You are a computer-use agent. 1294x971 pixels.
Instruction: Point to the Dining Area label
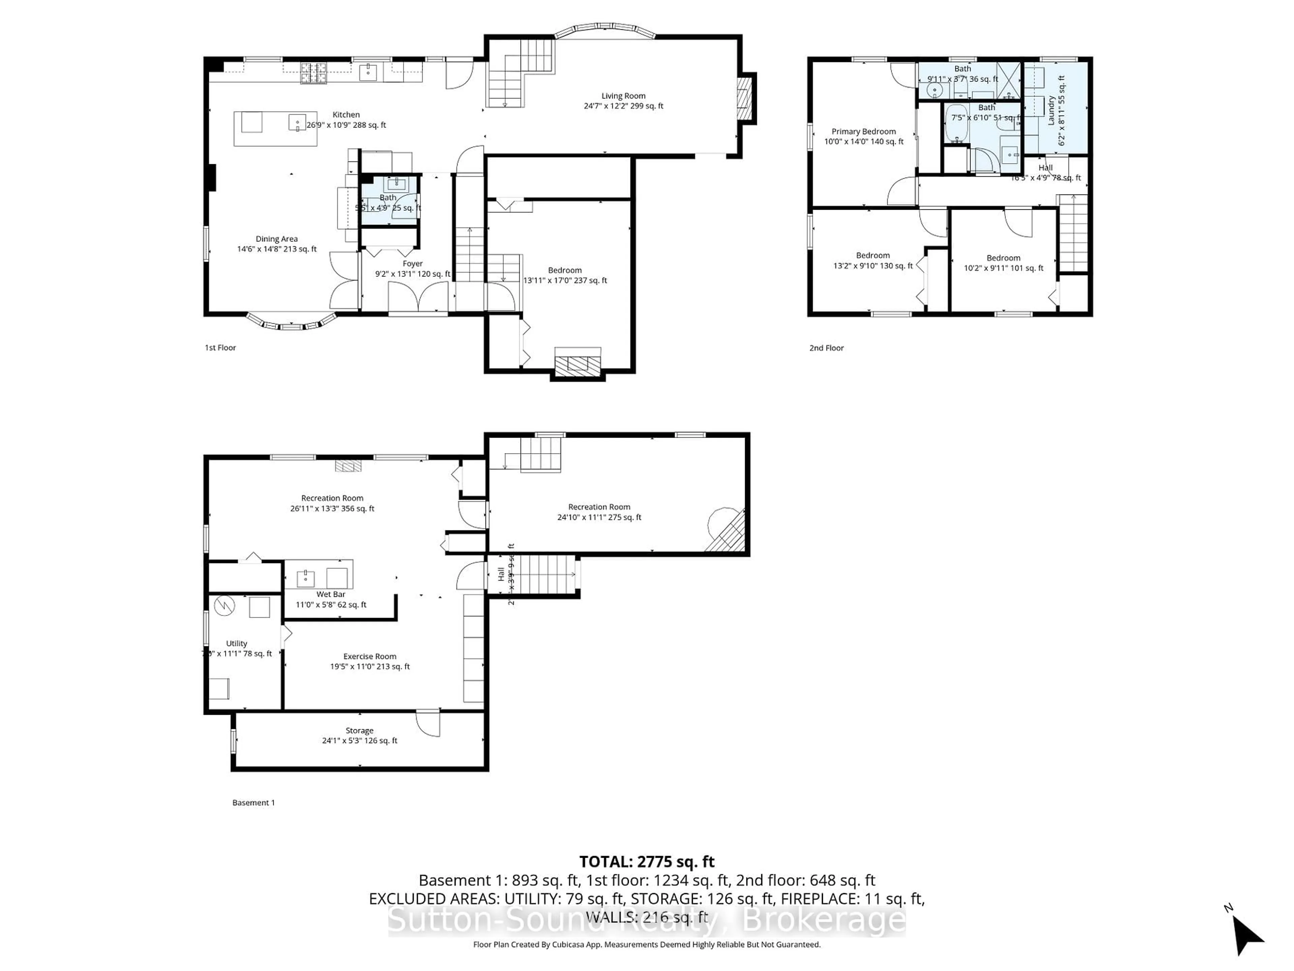click(x=277, y=239)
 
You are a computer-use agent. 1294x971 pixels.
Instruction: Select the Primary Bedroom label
click(x=863, y=132)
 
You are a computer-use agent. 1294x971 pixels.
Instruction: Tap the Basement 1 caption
click(x=253, y=802)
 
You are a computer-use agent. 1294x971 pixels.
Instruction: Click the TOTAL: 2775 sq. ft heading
click(x=646, y=861)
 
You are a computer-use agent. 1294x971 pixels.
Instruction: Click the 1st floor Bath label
click(x=388, y=198)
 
